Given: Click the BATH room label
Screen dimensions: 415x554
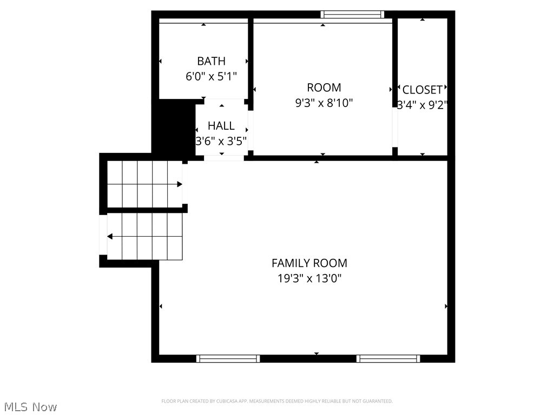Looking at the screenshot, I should pyautogui.click(x=211, y=61).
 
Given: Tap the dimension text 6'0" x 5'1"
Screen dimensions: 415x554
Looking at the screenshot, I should pyautogui.click(x=211, y=76).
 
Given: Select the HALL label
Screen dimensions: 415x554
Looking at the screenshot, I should pyautogui.click(x=221, y=126).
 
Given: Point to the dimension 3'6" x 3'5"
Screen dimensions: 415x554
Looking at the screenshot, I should pyautogui.click(x=221, y=141).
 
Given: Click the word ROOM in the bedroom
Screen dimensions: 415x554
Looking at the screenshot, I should pyautogui.click(x=324, y=88).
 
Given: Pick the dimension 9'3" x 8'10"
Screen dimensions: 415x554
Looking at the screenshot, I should pyautogui.click(x=324, y=103).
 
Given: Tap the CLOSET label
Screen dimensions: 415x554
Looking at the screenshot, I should pyautogui.click(x=422, y=90).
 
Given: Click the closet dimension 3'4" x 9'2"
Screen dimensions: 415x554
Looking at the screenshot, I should pyautogui.click(x=422, y=105).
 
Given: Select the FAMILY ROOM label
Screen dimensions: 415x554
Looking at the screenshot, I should pyautogui.click(x=309, y=263).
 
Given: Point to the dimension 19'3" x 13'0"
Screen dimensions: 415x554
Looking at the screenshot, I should pyautogui.click(x=309, y=279).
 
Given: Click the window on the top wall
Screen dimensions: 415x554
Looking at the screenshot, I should pyautogui.click(x=352, y=15).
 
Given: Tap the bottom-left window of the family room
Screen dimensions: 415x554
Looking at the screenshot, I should pyautogui.click(x=228, y=358).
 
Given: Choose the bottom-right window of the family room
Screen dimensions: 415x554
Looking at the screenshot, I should pyautogui.click(x=388, y=358).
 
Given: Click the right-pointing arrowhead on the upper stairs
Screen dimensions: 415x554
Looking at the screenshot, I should pyautogui.click(x=180, y=184).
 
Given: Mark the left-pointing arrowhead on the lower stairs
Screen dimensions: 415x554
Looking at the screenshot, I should pyautogui.click(x=110, y=237).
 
